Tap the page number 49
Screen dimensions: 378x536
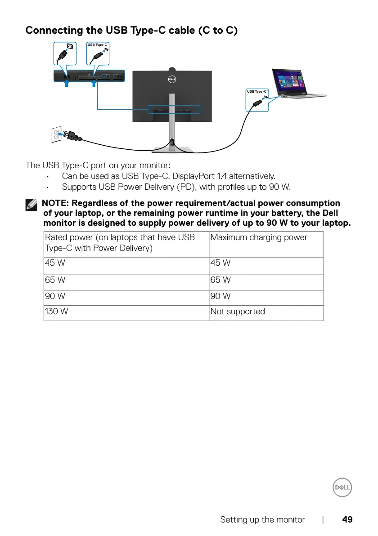point(347,520)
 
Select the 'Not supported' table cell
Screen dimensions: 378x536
point(238,312)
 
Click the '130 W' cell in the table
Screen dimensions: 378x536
point(57,312)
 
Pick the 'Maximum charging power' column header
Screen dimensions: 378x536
point(259,237)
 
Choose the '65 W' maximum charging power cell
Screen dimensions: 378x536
point(220,280)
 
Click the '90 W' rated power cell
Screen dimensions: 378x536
point(55,296)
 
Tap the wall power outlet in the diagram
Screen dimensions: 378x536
point(57,134)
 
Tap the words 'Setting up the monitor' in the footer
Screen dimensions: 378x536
point(262,520)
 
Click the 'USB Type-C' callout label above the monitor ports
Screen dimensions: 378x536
point(97,45)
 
